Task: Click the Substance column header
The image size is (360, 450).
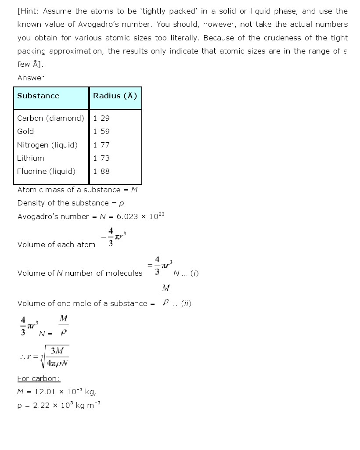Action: tap(38, 96)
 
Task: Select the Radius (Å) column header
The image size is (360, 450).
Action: tap(115, 96)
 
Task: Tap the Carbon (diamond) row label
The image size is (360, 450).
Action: tap(50, 118)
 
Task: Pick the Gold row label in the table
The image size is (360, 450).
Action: tap(25, 131)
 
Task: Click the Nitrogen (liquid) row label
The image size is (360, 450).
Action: tap(47, 145)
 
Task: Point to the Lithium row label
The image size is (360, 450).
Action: tap(31, 158)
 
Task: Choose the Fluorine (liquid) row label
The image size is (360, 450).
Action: tap(46, 171)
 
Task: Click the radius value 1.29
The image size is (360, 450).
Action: tap(101, 118)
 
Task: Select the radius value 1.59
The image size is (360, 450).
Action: tap(101, 131)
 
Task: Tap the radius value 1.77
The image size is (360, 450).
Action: tap(101, 145)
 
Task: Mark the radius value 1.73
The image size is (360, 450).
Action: tap(101, 158)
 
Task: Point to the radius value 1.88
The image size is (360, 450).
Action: tap(101, 171)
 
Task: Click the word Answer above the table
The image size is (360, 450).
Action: tap(31, 78)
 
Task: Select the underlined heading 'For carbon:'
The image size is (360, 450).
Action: tap(39, 378)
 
